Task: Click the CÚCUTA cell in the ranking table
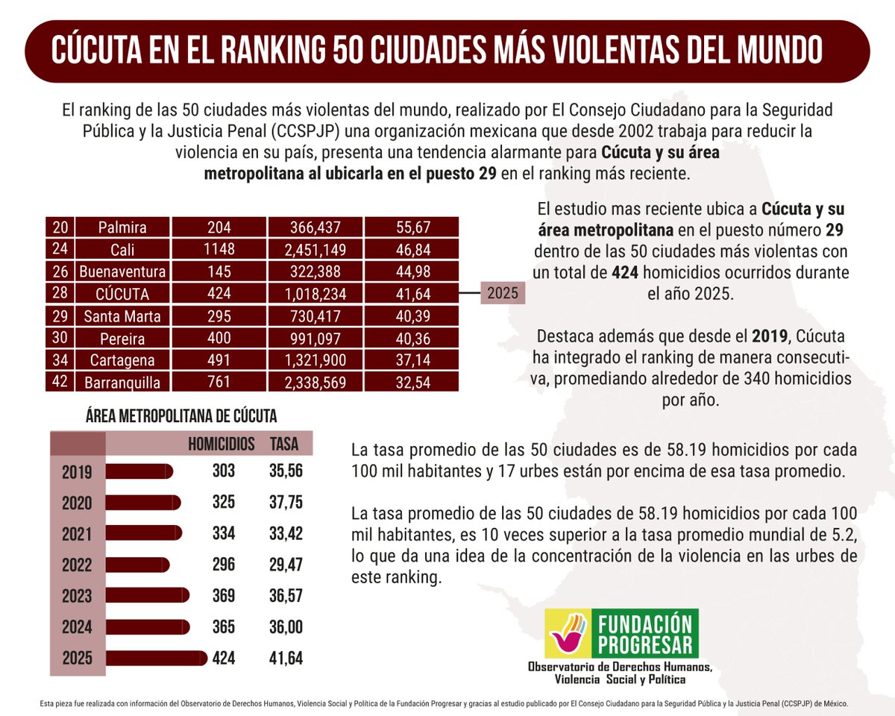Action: tap(122, 293)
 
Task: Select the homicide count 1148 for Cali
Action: tap(219, 249)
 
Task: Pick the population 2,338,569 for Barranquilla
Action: tap(315, 382)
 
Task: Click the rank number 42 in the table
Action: tap(60, 382)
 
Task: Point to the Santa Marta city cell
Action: tap(122, 315)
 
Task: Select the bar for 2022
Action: tap(138, 565)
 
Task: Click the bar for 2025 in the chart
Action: tap(157, 658)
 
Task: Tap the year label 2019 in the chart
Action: tap(78, 472)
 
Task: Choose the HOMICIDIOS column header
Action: tap(221, 444)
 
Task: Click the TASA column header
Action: tap(283, 444)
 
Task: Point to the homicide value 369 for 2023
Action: tap(223, 596)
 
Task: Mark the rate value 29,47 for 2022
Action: tap(286, 565)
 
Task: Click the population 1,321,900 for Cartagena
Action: tap(315, 360)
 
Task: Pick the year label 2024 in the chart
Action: tap(78, 627)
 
